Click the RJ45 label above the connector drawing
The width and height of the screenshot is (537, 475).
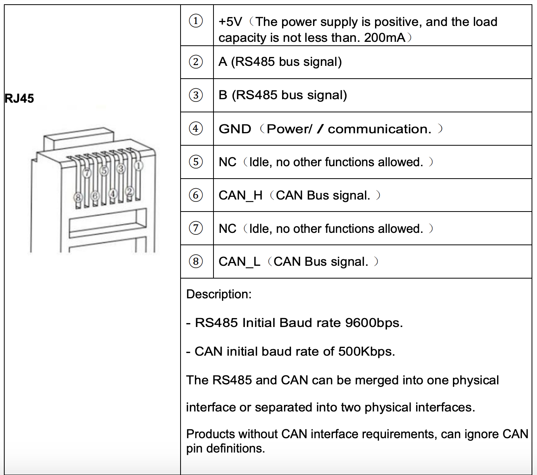[x=19, y=98]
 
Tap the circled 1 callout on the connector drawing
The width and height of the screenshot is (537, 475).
[x=138, y=166]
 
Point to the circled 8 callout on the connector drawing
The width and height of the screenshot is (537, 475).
[x=78, y=198]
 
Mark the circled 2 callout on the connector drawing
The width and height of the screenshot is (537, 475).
[x=130, y=191]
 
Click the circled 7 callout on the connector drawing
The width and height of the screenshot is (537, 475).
[x=87, y=173]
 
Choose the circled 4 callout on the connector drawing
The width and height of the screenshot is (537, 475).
[x=112, y=193]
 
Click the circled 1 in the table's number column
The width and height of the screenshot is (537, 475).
[x=196, y=21]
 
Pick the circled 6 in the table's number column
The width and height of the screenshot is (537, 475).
[x=196, y=195]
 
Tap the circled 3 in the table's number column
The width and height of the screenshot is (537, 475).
[x=196, y=95]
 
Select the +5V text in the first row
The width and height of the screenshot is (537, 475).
[x=230, y=22]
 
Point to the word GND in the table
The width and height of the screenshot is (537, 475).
[x=235, y=129]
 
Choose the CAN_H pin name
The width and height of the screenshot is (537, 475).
[x=240, y=196]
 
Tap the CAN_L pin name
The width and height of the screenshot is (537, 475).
[x=239, y=262]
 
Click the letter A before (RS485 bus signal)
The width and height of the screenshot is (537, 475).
[x=223, y=62]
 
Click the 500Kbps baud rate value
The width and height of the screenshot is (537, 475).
[x=366, y=352]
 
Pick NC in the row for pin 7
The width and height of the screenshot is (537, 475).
[x=227, y=229]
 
